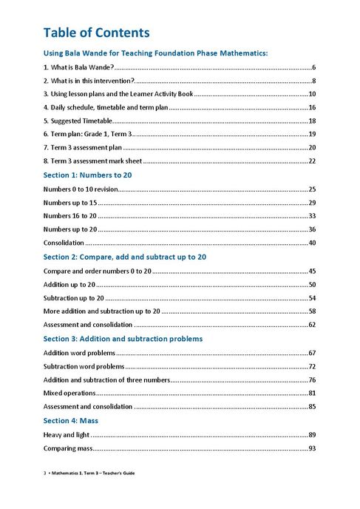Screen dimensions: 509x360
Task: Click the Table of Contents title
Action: tap(96, 33)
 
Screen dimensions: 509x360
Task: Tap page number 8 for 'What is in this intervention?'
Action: tap(314, 81)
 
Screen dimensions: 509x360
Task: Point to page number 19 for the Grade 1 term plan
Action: tap(312, 134)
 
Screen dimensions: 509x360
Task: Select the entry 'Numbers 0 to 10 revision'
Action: tap(81, 189)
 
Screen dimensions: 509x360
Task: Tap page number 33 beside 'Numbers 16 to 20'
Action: tap(312, 216)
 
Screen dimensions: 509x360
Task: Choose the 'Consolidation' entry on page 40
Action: tap(64, 243)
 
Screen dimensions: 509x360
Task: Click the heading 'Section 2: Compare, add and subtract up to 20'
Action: tap(124, 257)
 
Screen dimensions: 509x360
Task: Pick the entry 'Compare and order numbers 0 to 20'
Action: tap(98, 272)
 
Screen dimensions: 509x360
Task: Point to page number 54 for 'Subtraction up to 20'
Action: tap(312, 298)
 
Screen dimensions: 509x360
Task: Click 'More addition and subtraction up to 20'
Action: tap(102, 311)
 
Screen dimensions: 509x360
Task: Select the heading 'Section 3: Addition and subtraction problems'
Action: tap(123, 338)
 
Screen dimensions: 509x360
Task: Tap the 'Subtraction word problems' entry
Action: tap(84, 366)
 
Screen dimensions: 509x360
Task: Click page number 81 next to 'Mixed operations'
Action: tap(312, 393)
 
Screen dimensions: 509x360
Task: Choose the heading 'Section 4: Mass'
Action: tap(78, 420)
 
